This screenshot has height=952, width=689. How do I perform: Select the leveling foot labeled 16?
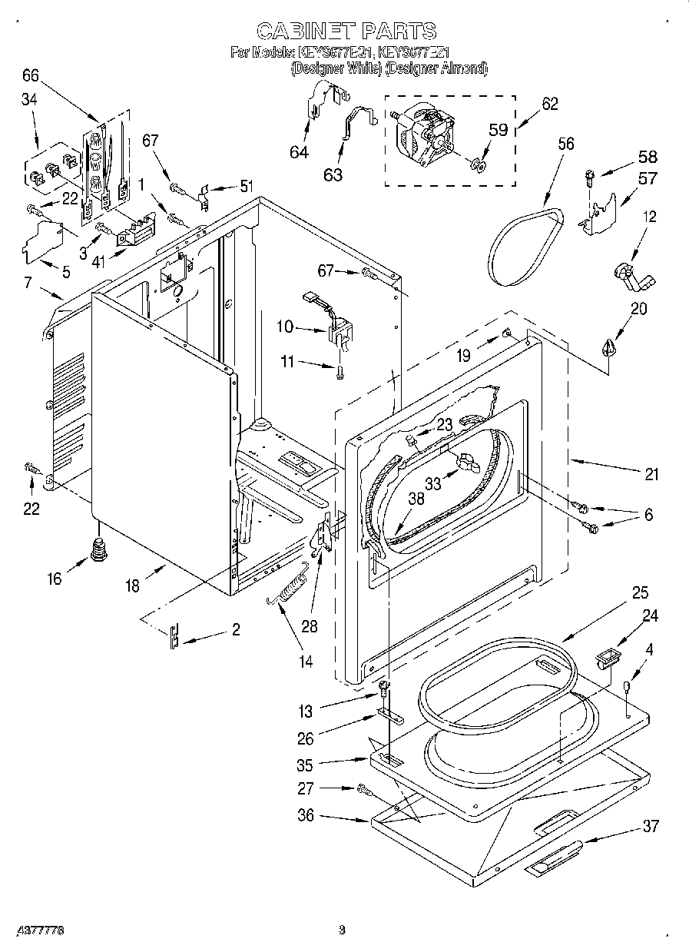(98, 549)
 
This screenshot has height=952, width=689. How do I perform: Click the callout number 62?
(549, 104)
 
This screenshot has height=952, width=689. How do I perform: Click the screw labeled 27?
(362, 788)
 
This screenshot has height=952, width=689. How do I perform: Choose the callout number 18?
(133, 586)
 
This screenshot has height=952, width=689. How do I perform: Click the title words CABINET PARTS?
(346, 31)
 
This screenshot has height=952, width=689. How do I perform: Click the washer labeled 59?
(478, 161)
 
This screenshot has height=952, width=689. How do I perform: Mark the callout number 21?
(651, 474)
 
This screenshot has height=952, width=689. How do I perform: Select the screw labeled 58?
(590, 177)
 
